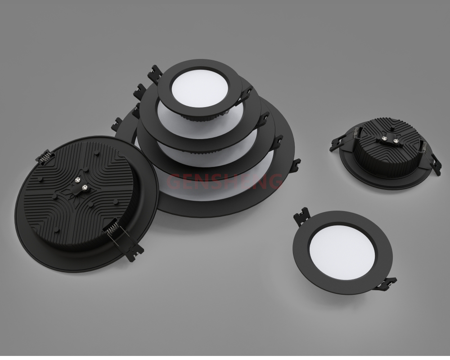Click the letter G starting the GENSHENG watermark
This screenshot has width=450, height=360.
tap(173, 181)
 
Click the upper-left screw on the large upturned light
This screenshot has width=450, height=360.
tap(77, 180)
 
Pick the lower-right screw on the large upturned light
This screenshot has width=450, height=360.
tap(85, 188)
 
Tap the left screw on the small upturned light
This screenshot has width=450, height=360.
tap(384, 139)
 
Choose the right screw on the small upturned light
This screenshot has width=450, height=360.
tap(396, 141)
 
